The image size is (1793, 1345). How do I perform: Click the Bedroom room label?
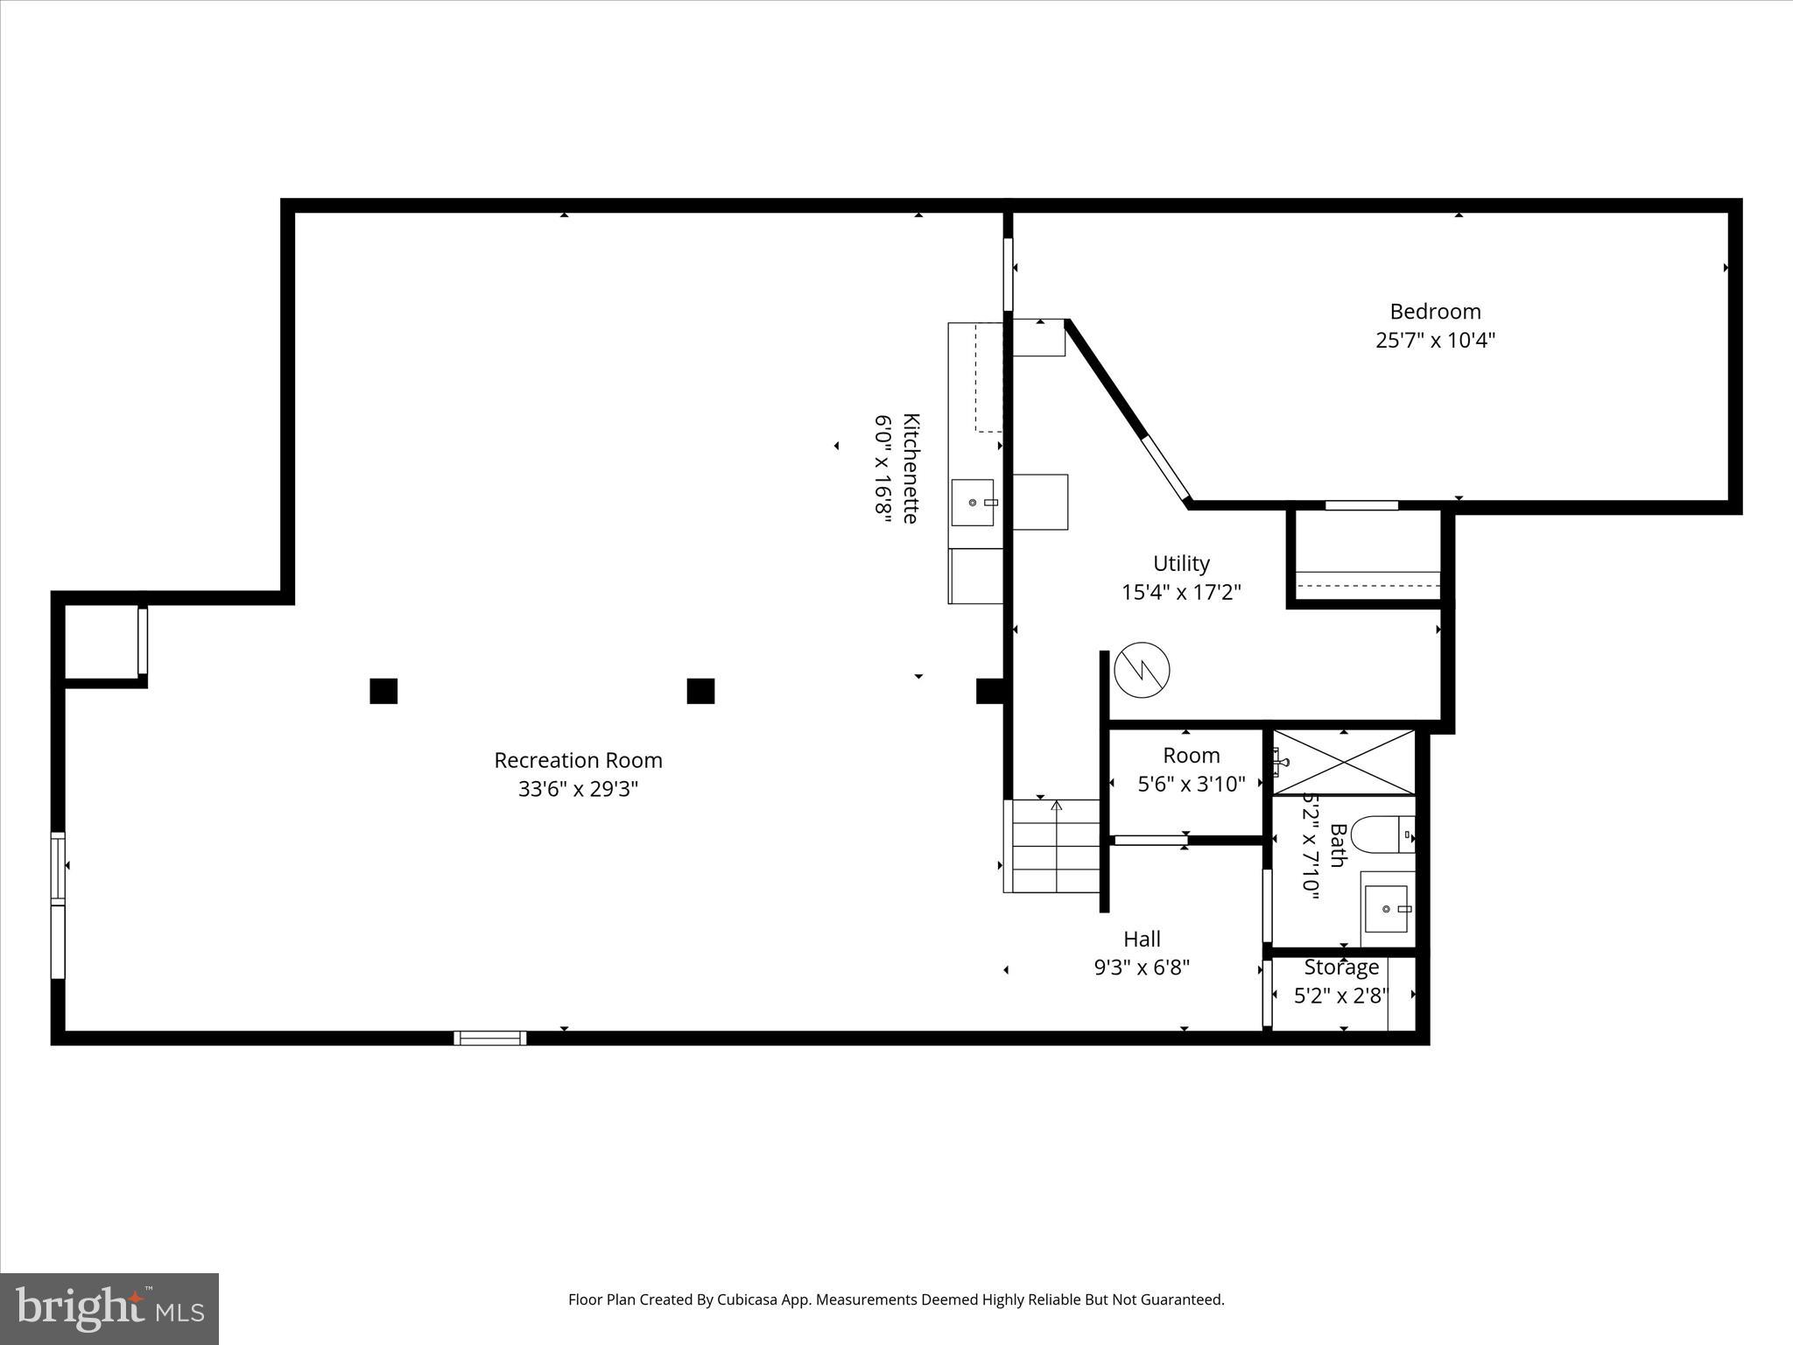point(1435,312)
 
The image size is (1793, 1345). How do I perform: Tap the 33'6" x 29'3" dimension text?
point(578,789)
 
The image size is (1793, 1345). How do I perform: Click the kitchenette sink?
point(973,503)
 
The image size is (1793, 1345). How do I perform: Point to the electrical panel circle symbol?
point(1142,670)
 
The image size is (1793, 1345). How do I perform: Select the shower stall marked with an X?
point(1343,762)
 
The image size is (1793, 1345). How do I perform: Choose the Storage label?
point(1341,967)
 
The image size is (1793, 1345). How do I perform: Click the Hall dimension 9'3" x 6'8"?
point(1142,968)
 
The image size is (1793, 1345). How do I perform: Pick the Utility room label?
point(1181,563)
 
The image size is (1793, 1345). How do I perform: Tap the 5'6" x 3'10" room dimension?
point(1191,784)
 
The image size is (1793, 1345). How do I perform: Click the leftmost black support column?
point(383,691)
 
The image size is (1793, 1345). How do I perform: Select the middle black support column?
point(700,691)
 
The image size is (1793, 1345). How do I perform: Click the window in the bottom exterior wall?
point(490,1038)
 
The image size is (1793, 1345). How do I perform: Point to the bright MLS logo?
point(109,1308)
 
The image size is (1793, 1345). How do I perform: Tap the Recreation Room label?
point(578,760)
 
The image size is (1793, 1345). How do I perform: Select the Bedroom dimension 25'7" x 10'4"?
point(1435,341)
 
